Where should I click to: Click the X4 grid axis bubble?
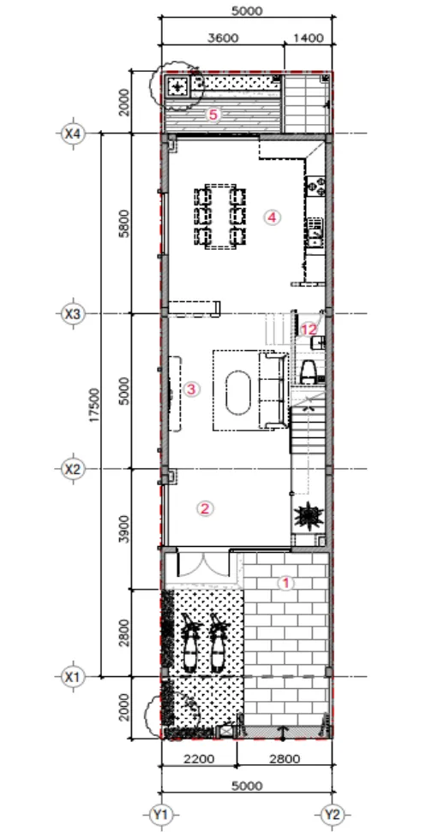coord(72,134)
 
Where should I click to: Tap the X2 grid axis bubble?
coord(72,469)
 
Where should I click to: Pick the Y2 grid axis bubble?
coord(332,815)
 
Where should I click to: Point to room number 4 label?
coord(273,217)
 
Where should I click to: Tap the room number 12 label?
coord(309,329)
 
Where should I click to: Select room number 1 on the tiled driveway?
coord(285,583)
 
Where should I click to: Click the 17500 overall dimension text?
coord(94,405)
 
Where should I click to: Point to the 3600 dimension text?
coord(224,38)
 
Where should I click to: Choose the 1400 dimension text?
coord(309,38)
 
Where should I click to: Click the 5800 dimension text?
coord(124,223)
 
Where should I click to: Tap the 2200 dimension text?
coord(199,758)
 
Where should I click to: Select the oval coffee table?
coord(238,390)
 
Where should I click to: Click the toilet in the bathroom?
coord(308,371)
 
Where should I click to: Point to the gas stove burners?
coord(315,187)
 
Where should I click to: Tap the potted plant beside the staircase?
coord(309,516)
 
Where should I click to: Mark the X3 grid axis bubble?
coord(72,314)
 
